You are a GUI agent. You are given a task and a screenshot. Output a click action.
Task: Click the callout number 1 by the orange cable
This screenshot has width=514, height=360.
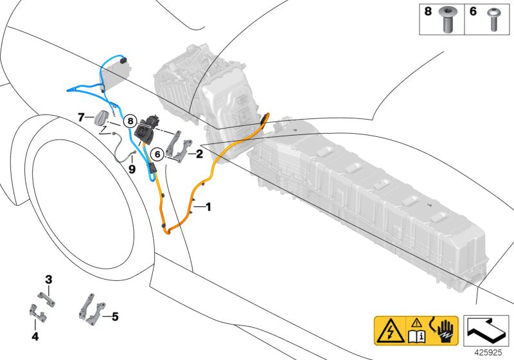[208, 207]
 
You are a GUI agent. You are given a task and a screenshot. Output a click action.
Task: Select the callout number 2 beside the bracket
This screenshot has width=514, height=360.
[199, 154]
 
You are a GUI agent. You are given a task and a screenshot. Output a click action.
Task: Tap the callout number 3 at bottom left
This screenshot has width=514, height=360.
[48, 279]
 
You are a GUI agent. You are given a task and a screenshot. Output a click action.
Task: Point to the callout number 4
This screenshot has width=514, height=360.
[35, 336]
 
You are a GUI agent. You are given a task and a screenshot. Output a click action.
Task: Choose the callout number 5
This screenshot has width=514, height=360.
[115, 316]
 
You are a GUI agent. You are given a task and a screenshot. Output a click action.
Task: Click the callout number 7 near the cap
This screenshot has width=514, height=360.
[81, 116]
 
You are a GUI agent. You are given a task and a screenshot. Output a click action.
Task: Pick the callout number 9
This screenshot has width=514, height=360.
[132, 170]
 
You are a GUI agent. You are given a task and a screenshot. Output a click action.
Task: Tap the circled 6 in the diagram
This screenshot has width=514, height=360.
[156, 154]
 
